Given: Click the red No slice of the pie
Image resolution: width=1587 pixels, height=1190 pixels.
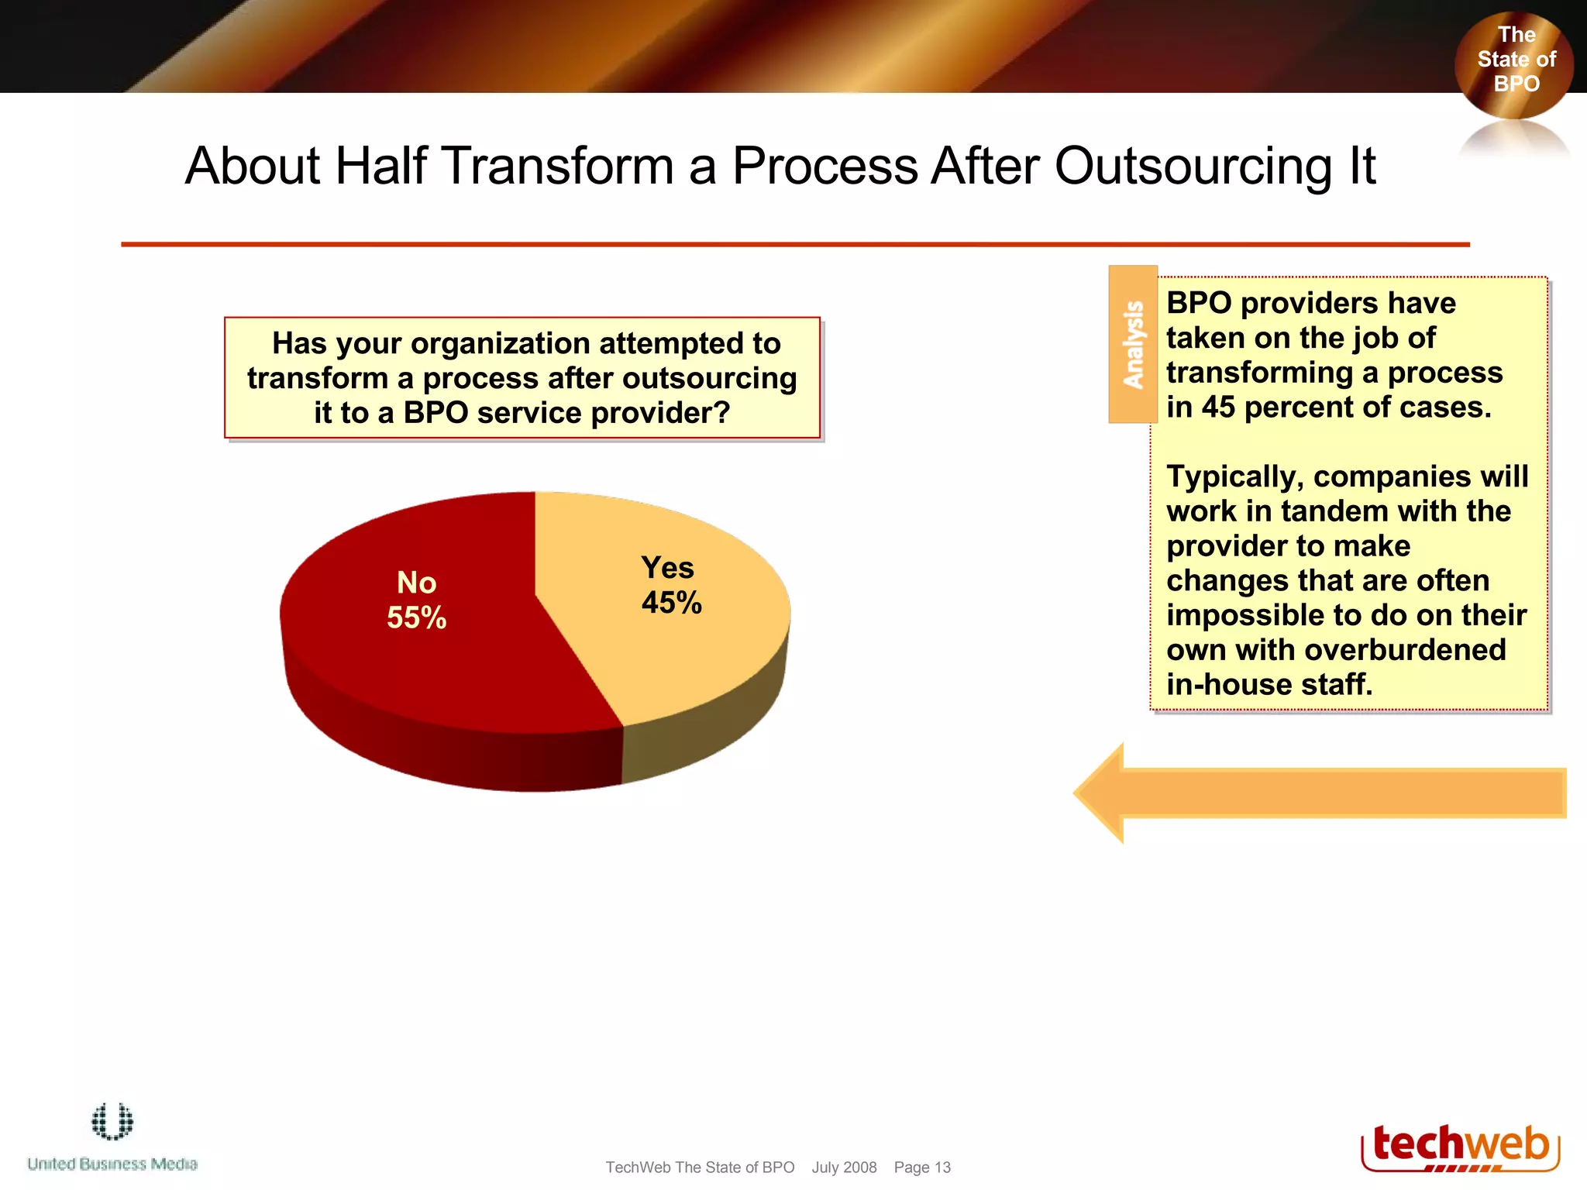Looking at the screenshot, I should tap(434, 666).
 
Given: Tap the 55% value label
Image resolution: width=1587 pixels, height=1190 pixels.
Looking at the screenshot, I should tap(416, 617).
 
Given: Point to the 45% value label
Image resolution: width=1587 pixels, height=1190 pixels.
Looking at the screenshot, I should tap(671, 603).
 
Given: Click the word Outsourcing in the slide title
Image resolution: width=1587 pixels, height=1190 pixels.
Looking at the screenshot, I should tap(1193, 166).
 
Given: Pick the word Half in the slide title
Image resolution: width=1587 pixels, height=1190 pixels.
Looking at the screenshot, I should tap(380, 166).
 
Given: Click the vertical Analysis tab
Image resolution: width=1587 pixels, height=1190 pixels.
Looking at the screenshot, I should tap(1133, 345).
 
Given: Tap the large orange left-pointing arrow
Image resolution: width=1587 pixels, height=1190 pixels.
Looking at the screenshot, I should tap(1317, 793).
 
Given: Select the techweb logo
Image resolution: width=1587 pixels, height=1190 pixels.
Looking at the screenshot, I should tap(1460, 1147).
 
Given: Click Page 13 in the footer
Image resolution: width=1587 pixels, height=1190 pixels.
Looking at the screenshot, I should tap(922, 1168).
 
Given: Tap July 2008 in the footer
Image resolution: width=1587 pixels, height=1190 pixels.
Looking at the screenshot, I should tap(844, 1168).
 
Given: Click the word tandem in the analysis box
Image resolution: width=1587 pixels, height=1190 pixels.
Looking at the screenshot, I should tap(1331, 511).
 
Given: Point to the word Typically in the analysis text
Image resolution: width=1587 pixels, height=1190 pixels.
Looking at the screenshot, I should tap(1235, 476).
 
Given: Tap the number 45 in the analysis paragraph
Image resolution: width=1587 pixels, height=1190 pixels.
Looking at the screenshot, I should tap(1218, 408).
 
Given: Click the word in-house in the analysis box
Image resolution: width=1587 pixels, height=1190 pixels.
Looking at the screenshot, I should tap(1228, 685).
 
